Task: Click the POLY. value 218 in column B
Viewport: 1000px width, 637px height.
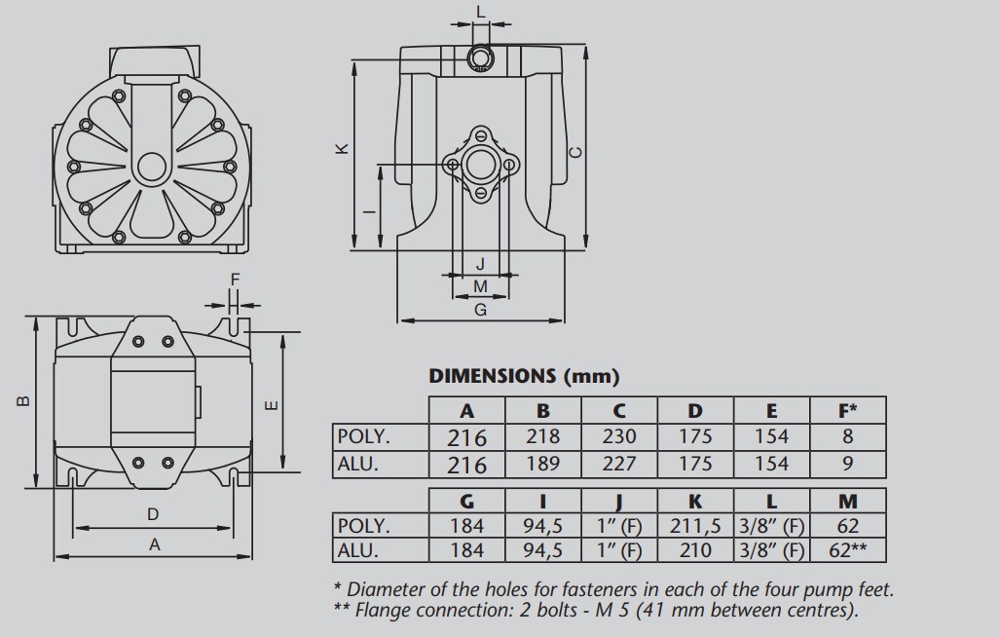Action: tap(542, 436)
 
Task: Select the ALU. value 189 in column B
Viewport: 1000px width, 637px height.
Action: tap(542, 464)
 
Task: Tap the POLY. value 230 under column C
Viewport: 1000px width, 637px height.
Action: tap(618, 436)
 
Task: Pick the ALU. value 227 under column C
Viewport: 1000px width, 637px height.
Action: tap(618, 464)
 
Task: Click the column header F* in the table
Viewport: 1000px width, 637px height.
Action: tap(847, 411)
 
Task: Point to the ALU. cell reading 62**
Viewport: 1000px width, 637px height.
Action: tap(847, 549)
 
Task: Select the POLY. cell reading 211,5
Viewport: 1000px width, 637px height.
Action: tap(695, 526)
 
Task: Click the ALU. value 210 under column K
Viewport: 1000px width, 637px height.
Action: tap(695, 549)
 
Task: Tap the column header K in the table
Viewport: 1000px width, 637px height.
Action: tap(695, 502)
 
